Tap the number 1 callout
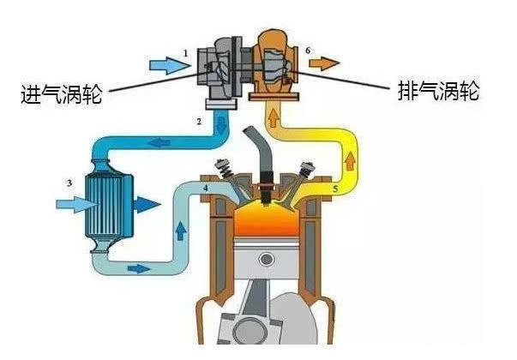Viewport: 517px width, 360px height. pos(184,53)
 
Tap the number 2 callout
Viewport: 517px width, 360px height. pos(198,123)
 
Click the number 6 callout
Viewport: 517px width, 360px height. pos(308,51)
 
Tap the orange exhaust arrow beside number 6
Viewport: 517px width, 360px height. pos(325,63)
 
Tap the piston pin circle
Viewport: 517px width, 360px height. pos(267,258)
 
